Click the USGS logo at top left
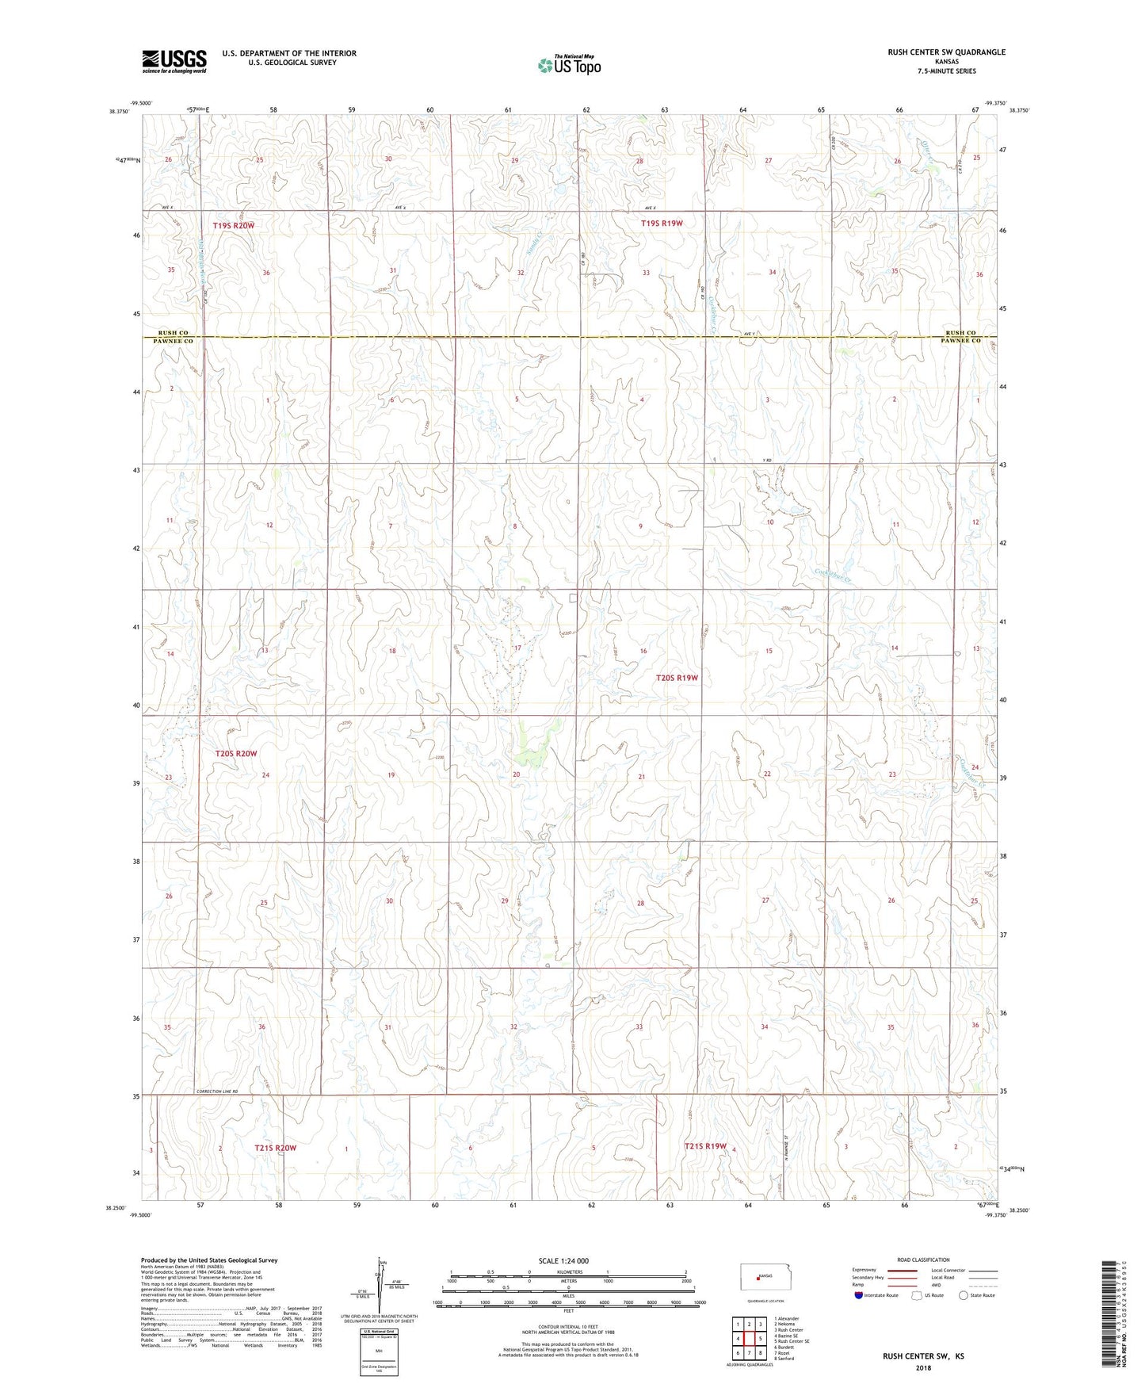174,61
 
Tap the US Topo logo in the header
568,65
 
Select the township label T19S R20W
234,226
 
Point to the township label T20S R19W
677,678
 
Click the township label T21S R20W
275,1148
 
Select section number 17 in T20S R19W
517,648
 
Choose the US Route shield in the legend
918,1295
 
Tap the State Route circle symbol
964,1295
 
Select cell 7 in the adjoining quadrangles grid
749,1353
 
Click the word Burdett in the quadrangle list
785,1347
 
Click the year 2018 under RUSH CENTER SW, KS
923,1368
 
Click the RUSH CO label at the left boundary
174,333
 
